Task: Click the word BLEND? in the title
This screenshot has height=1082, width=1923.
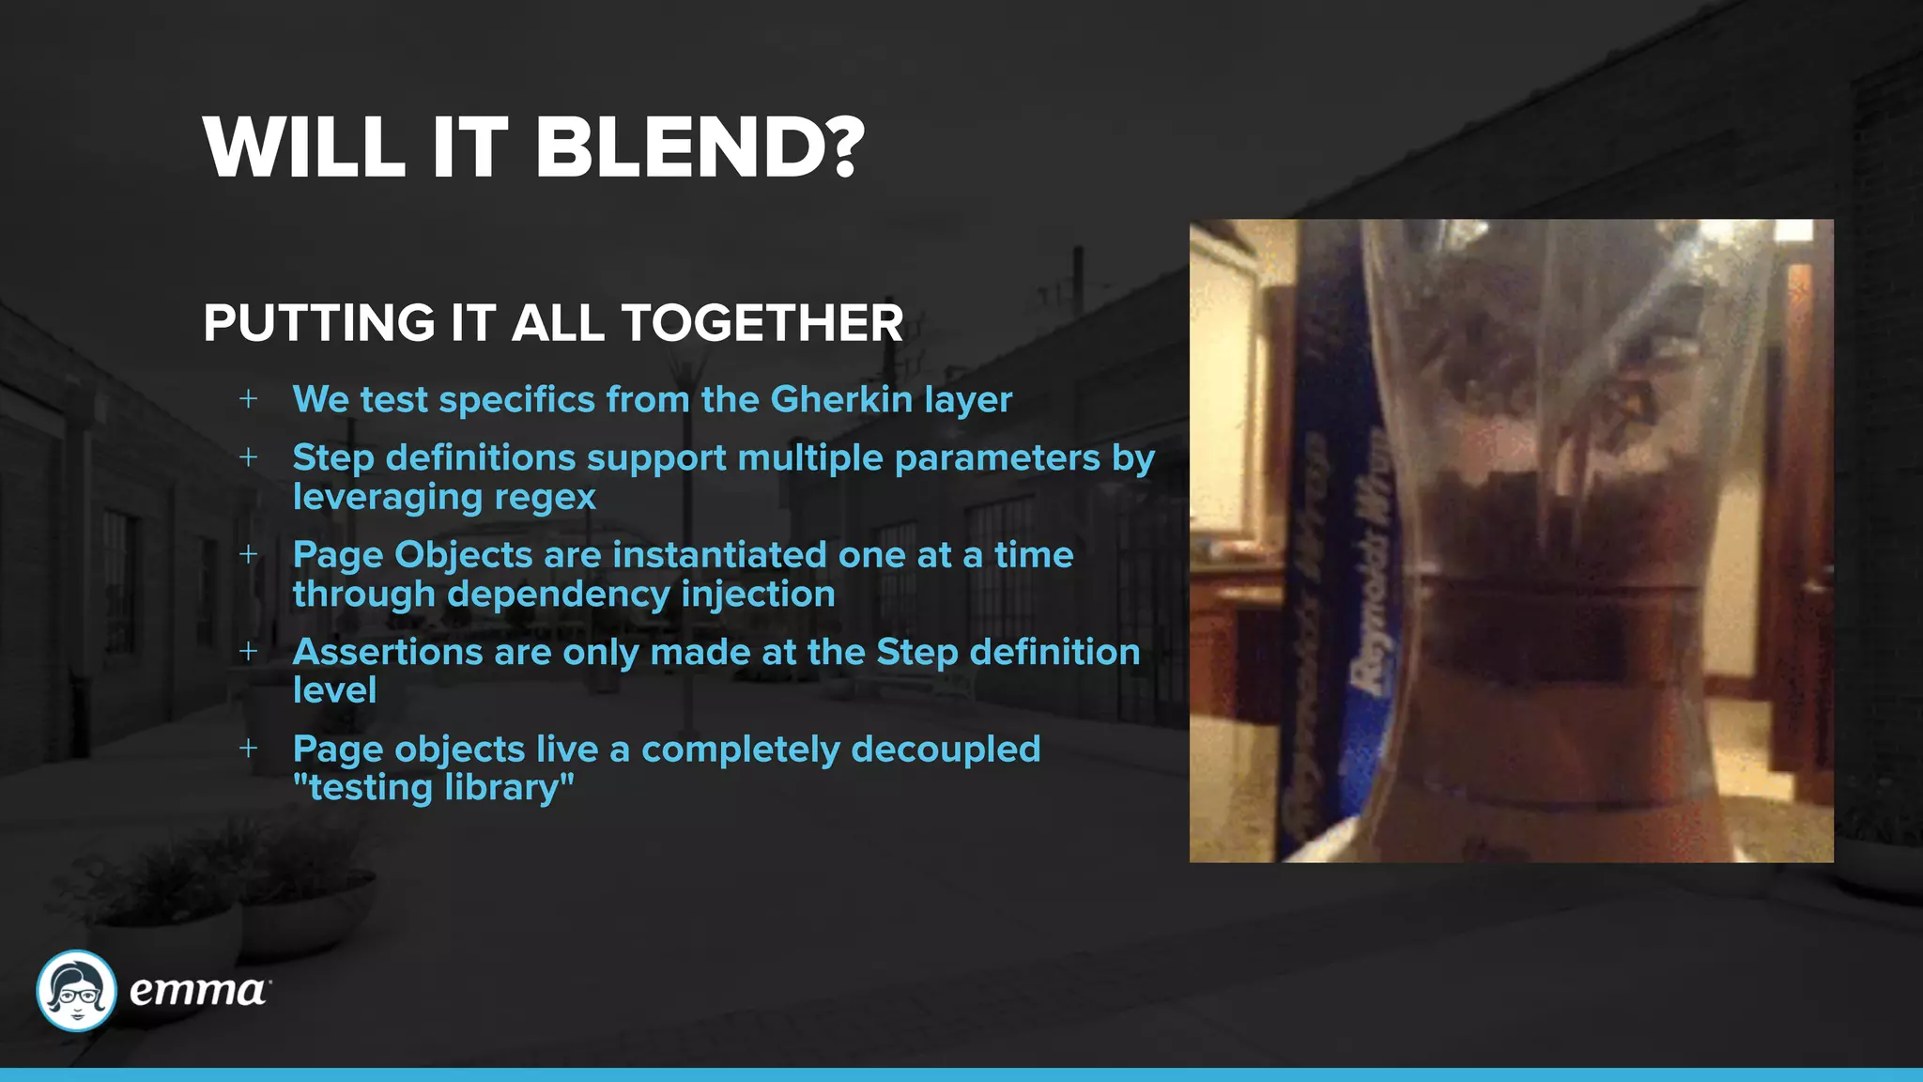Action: point(700,148)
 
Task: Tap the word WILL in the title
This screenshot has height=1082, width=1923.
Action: point(304,148)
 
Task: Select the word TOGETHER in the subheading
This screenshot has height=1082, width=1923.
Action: point(762,323)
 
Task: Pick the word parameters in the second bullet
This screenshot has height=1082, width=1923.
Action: point(997,458)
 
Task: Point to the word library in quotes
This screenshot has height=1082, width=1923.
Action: point(508,787)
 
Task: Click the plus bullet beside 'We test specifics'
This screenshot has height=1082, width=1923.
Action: point(248,399)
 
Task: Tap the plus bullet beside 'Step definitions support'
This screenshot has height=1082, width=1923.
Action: point(248,457)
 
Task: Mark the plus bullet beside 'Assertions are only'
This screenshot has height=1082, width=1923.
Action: point(248,651)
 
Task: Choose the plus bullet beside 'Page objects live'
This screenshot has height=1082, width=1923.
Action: point(248,749)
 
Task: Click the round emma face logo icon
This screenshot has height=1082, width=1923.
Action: point(76,990)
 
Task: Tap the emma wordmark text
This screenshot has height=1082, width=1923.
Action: point(198,991)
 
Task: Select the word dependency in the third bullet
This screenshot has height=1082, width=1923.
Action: point(558,595)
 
